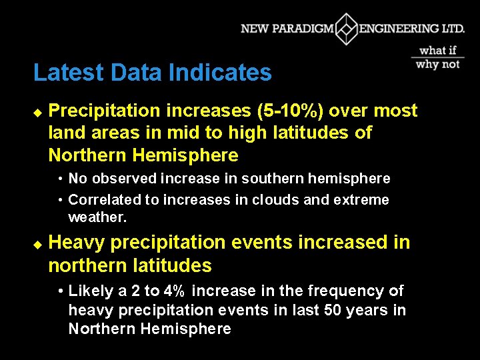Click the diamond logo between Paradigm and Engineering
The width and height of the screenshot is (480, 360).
(x=346, y=29)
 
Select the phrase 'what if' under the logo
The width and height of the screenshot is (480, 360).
(x=438, y=50)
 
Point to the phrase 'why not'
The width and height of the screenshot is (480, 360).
(x=438, y=64)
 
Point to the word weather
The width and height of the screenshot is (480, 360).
(x=97, y=218)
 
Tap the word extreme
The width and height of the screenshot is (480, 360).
(x=363, y=200)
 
